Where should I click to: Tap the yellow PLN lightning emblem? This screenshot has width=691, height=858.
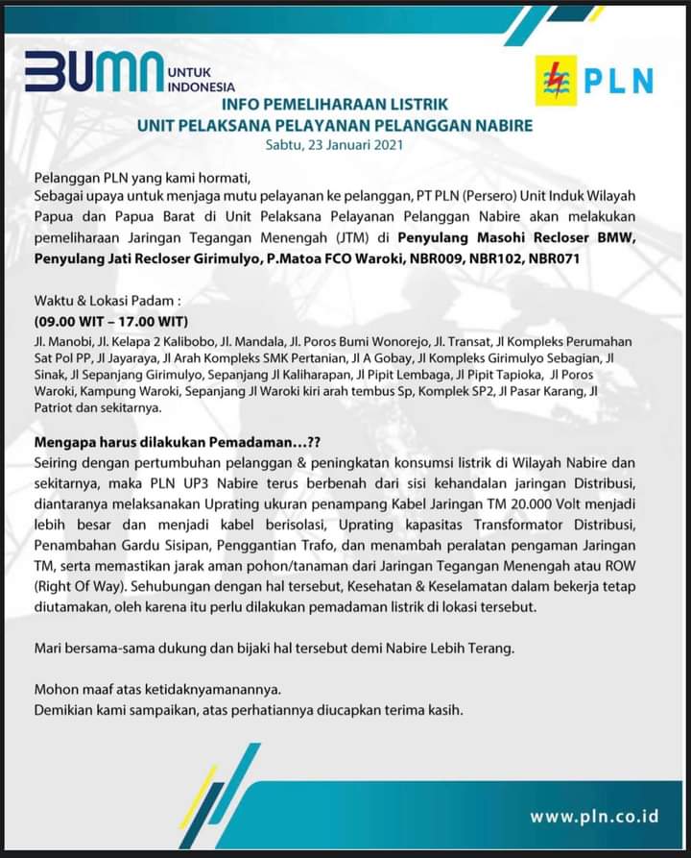click(556, 81)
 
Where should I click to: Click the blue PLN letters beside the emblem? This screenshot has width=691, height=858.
click(619, 81)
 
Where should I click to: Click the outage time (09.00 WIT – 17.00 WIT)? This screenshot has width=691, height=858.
click(111, 321)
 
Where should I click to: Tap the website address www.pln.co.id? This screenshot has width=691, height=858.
click(594, 816)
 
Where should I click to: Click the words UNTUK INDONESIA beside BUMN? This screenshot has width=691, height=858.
click(201, 80)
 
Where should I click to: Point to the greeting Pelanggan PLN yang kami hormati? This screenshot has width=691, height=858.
click(142, 177)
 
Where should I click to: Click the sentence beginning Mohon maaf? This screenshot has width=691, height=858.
click(158, 690)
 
